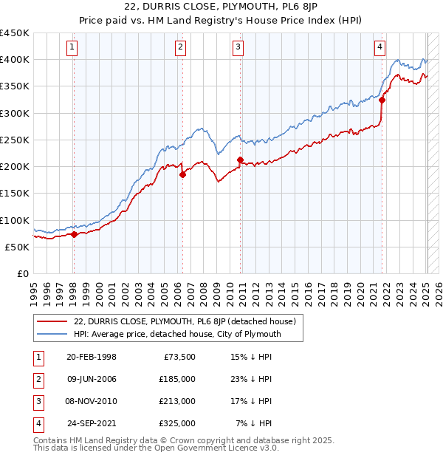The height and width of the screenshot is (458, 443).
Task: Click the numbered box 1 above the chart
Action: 73,47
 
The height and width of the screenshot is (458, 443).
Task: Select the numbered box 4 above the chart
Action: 380,47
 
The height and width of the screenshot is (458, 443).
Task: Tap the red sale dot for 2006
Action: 182,175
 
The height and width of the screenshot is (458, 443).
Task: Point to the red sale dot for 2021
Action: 382,100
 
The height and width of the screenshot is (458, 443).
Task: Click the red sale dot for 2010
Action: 240,160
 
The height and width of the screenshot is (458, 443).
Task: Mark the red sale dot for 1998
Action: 74,234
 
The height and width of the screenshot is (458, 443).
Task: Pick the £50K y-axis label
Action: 18,247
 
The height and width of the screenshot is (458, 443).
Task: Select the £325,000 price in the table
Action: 177,424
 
